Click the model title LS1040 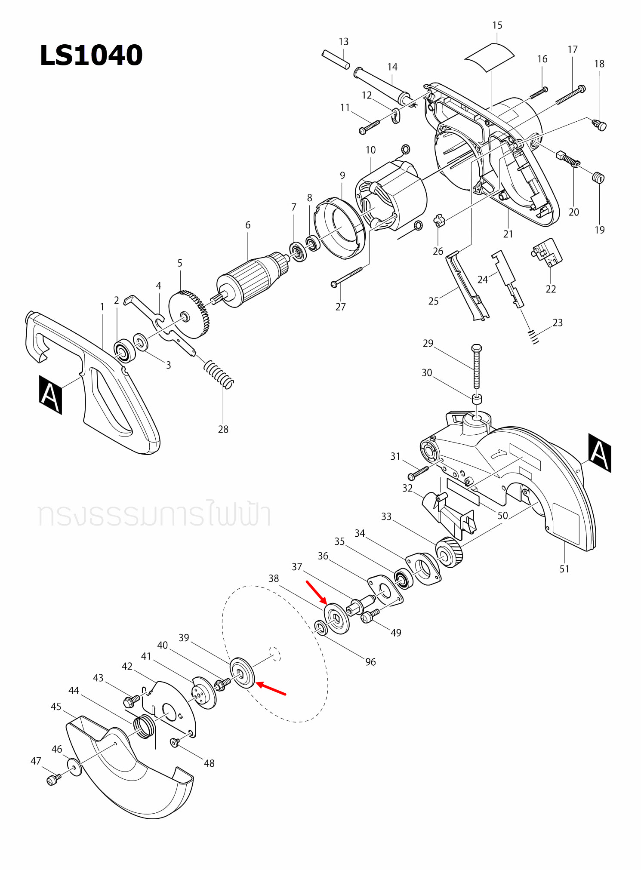click(91, 55)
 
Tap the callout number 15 click(497, 25)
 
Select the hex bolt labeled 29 click(476, 366)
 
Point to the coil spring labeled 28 click(219, 374)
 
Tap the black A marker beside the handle click(50, 394)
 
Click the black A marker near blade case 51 click(599, 453)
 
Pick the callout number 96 click(370, 662)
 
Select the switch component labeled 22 click(547, 252)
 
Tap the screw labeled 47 click(52, 780)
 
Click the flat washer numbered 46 click(74, 768)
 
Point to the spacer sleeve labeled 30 click(477, 399)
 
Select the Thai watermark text click(154, 515)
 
